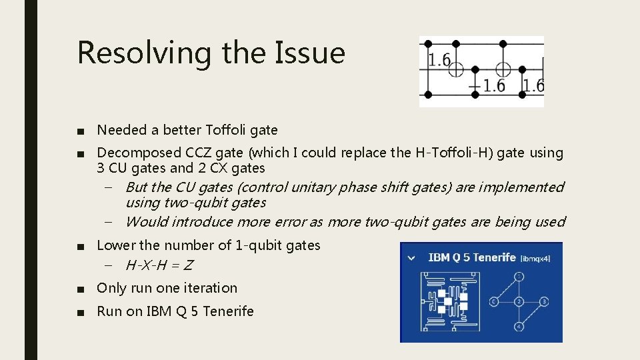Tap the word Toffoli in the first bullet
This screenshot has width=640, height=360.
(x=229, y=130)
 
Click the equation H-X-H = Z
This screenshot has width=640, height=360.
(x=159, y=265)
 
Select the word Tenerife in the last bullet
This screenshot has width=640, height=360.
(x=228, y=311)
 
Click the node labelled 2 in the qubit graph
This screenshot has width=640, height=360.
(x=518, y=301)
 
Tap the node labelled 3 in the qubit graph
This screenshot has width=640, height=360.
(x=544, y=301)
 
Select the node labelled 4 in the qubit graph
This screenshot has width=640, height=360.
(x=518, y=327)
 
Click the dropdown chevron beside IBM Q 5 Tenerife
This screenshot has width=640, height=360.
(x=411, y=257)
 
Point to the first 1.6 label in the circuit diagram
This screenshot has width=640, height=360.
(x=439, y=61)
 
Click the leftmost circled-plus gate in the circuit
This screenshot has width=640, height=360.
(x=455, y=69)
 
